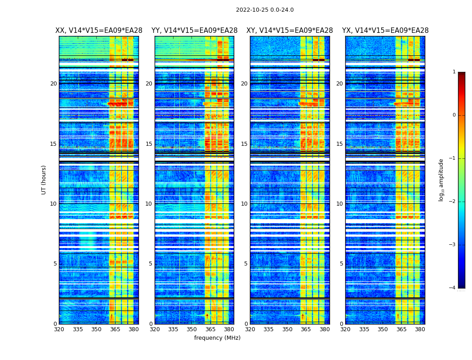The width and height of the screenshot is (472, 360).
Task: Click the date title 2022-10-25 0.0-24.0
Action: tap(265, 10)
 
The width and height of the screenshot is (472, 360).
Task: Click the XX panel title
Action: tap(99, 31)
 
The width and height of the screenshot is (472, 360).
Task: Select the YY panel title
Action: tap(194, 31)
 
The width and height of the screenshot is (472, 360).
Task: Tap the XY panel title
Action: tap(289, 31)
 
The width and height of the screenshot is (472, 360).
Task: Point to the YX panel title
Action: tap(385, 31)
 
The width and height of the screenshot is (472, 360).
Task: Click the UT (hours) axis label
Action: tap(44, 180)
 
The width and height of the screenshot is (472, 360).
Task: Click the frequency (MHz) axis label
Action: tap(217, 338)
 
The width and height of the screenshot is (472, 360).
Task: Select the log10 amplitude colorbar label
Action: tap(441, 180)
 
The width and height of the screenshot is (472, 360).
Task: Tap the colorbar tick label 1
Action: tap(454, 72)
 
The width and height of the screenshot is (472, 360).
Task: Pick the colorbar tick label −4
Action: tap(453, 288)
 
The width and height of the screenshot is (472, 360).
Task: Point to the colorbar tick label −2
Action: tap(453, 202)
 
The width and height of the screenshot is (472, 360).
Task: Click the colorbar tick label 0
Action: tap(454, 115)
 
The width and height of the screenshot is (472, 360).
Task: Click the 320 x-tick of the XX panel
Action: tap(59, 329)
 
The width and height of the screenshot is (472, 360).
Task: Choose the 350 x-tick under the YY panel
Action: tap(192, 329)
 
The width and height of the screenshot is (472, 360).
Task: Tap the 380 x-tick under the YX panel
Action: tap(420, 329)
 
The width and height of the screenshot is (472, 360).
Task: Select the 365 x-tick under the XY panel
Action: tap(306, 329)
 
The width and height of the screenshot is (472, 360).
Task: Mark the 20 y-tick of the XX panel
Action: tap(53, 84)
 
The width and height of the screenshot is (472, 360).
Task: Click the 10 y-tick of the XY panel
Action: tap(244, 204)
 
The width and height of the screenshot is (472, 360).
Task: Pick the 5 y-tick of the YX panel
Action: tap(341, 264)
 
